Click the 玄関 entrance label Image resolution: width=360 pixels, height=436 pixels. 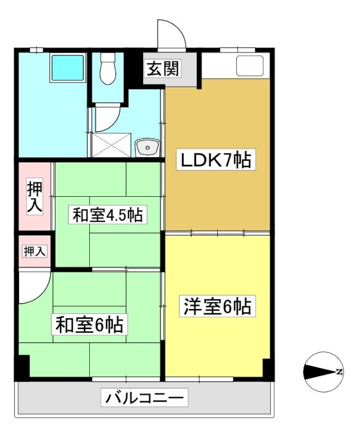(x=163, y=69)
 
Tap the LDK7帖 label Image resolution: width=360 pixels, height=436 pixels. (x=216, y=160)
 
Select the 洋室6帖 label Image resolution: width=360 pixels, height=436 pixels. (x=217, y=306)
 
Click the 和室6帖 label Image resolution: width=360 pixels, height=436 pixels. (x=89, y=324)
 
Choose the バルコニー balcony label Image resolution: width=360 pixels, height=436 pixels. (x=144, y=398)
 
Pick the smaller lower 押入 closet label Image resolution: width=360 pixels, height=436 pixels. (x=34, y=251)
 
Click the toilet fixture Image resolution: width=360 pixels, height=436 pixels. (x=107, y=69)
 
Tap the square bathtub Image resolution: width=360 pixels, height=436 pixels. (x=68, y=68)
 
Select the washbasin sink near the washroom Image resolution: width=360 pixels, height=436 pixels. (x=148, y=147)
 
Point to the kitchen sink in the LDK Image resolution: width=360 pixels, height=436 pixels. (x=249, y=65)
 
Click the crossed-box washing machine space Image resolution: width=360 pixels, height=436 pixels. (x=111, y=145)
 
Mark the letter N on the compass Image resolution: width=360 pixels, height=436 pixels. (x=339, y=372)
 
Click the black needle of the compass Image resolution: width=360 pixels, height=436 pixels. (x=320, y=372)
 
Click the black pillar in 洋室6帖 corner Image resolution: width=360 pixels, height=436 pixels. (x=267, y=368)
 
